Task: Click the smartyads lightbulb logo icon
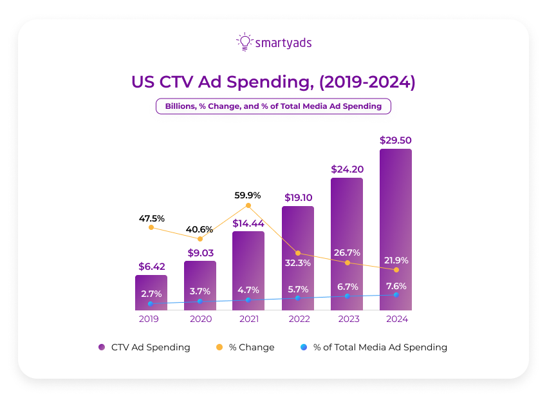(x=244, y=42)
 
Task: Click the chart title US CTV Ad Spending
(x=273, y=82)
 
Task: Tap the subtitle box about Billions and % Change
(x=273, y=106)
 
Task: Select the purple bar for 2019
(x=151, y=293)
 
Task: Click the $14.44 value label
(x=248, y=223)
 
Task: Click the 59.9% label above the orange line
(x=248, y=194)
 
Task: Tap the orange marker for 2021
(x=248, y=205)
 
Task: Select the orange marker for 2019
(x=151, y=227)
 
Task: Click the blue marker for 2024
(x=396, y=294)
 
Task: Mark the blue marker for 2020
(x=199, y=301)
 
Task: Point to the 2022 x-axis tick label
(x=297, y=319)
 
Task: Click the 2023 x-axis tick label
(x=347, y=319)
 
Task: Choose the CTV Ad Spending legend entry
(x=144, y=347)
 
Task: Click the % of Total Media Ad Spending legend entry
(x=373, y=347)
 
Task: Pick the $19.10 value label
(x=297, y=198)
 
